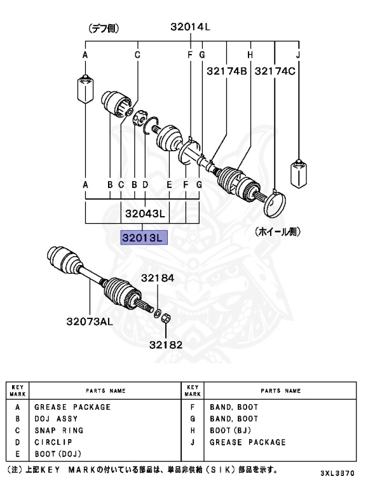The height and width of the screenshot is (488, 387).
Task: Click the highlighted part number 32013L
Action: pyautogui.click(x=144, y=238)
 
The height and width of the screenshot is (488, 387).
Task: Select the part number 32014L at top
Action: pyautogui.click(x=189, y=27)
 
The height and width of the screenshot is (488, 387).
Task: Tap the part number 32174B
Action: pyautogui.click(x=226, y=72)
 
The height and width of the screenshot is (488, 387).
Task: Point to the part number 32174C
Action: pyautogui.click(x=275, y=72)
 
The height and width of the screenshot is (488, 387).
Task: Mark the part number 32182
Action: pyautogui.click(x=166, y=345)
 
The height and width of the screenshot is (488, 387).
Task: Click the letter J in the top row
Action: pyautogui.click(x=298, y=55)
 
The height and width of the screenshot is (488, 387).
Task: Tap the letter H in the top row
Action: pyautogui.click(x=250, y=55)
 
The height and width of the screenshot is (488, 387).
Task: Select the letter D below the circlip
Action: pyautogui.click(x=146, y=184)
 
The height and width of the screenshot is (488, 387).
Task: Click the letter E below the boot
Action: pyautogui.click(x=169, y=184)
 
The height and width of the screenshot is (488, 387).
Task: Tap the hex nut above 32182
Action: pyautogui.click(x=163, y=316)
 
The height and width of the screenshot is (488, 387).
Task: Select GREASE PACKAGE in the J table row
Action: pyautogui.click(x=247, y=442)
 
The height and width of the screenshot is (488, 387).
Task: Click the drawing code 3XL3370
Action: pyautogui.click(x=351, y=474)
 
